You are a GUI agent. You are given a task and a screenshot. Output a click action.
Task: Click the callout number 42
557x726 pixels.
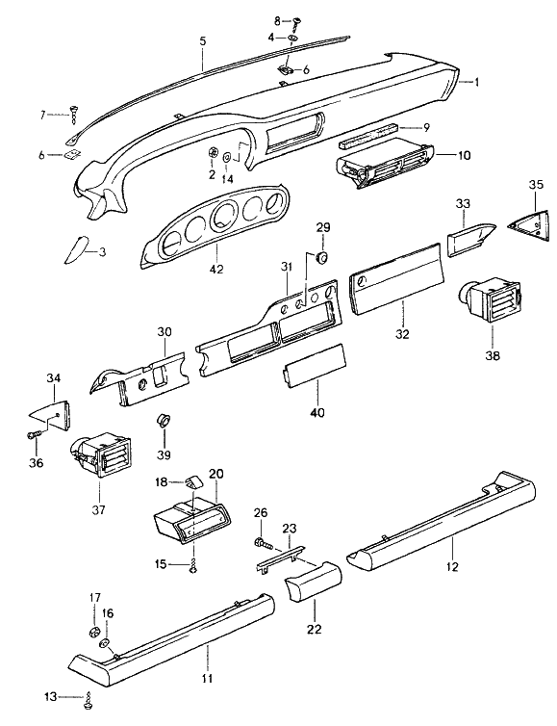(216, 270)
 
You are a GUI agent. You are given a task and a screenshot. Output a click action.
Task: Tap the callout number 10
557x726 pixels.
(465, 155)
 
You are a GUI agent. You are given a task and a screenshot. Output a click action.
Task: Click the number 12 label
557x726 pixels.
(452, 566)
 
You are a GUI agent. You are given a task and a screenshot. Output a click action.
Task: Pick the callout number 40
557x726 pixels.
(316, 412)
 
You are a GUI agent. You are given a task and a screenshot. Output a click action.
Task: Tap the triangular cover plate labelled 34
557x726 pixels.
(55, 413)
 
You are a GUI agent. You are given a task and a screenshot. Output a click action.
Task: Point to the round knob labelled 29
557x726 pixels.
(322, 257)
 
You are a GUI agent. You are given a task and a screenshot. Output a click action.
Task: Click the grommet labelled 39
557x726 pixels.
(165, 421)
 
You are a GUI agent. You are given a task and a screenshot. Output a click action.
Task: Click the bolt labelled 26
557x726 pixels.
(260, 545)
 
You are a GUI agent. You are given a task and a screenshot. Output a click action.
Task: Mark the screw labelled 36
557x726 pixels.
(34, 436)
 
